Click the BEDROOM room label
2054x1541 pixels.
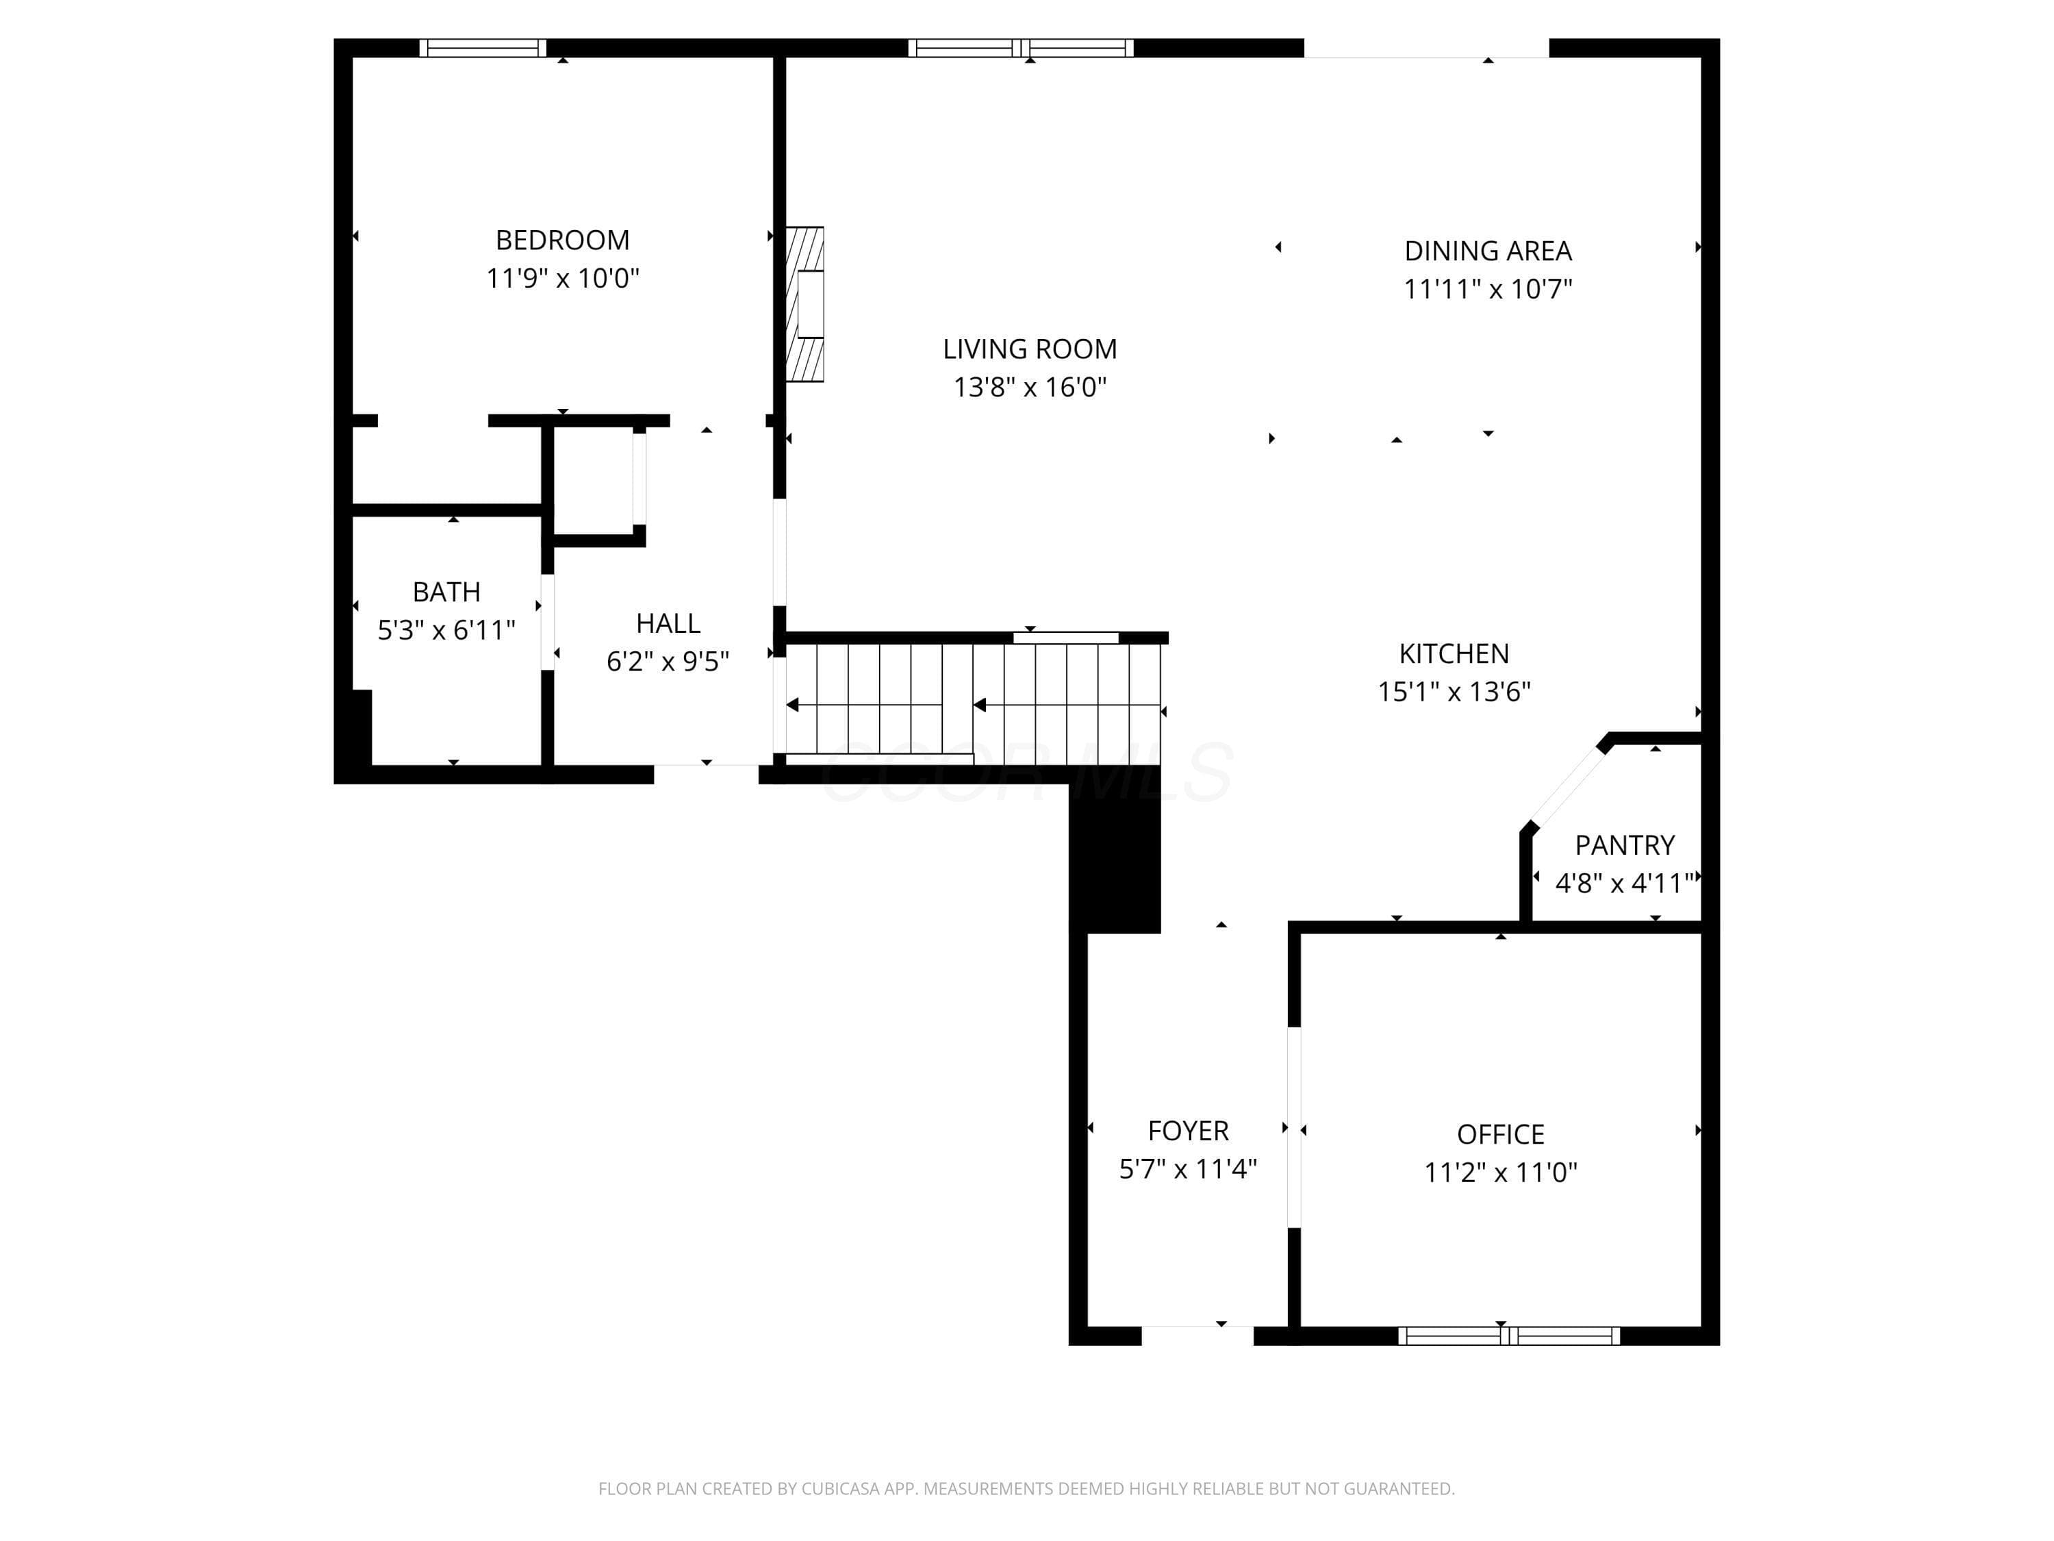pos(562,240)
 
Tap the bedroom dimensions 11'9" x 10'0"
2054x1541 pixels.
pos(563,278)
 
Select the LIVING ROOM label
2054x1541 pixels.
pos(1030,349)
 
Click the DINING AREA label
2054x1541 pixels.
pos(1488,251)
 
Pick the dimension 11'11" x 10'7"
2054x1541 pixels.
pos(1488,289)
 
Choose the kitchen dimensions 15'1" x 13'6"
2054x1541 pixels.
pos(1454,691)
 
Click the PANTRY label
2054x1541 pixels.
pos(1625,844)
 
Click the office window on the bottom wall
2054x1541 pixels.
pos(1509,1336)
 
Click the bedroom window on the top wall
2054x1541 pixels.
pos(483,47)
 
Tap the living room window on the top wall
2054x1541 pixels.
pos(1021,47)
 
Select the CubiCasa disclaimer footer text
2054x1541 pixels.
pos(1026,1488)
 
